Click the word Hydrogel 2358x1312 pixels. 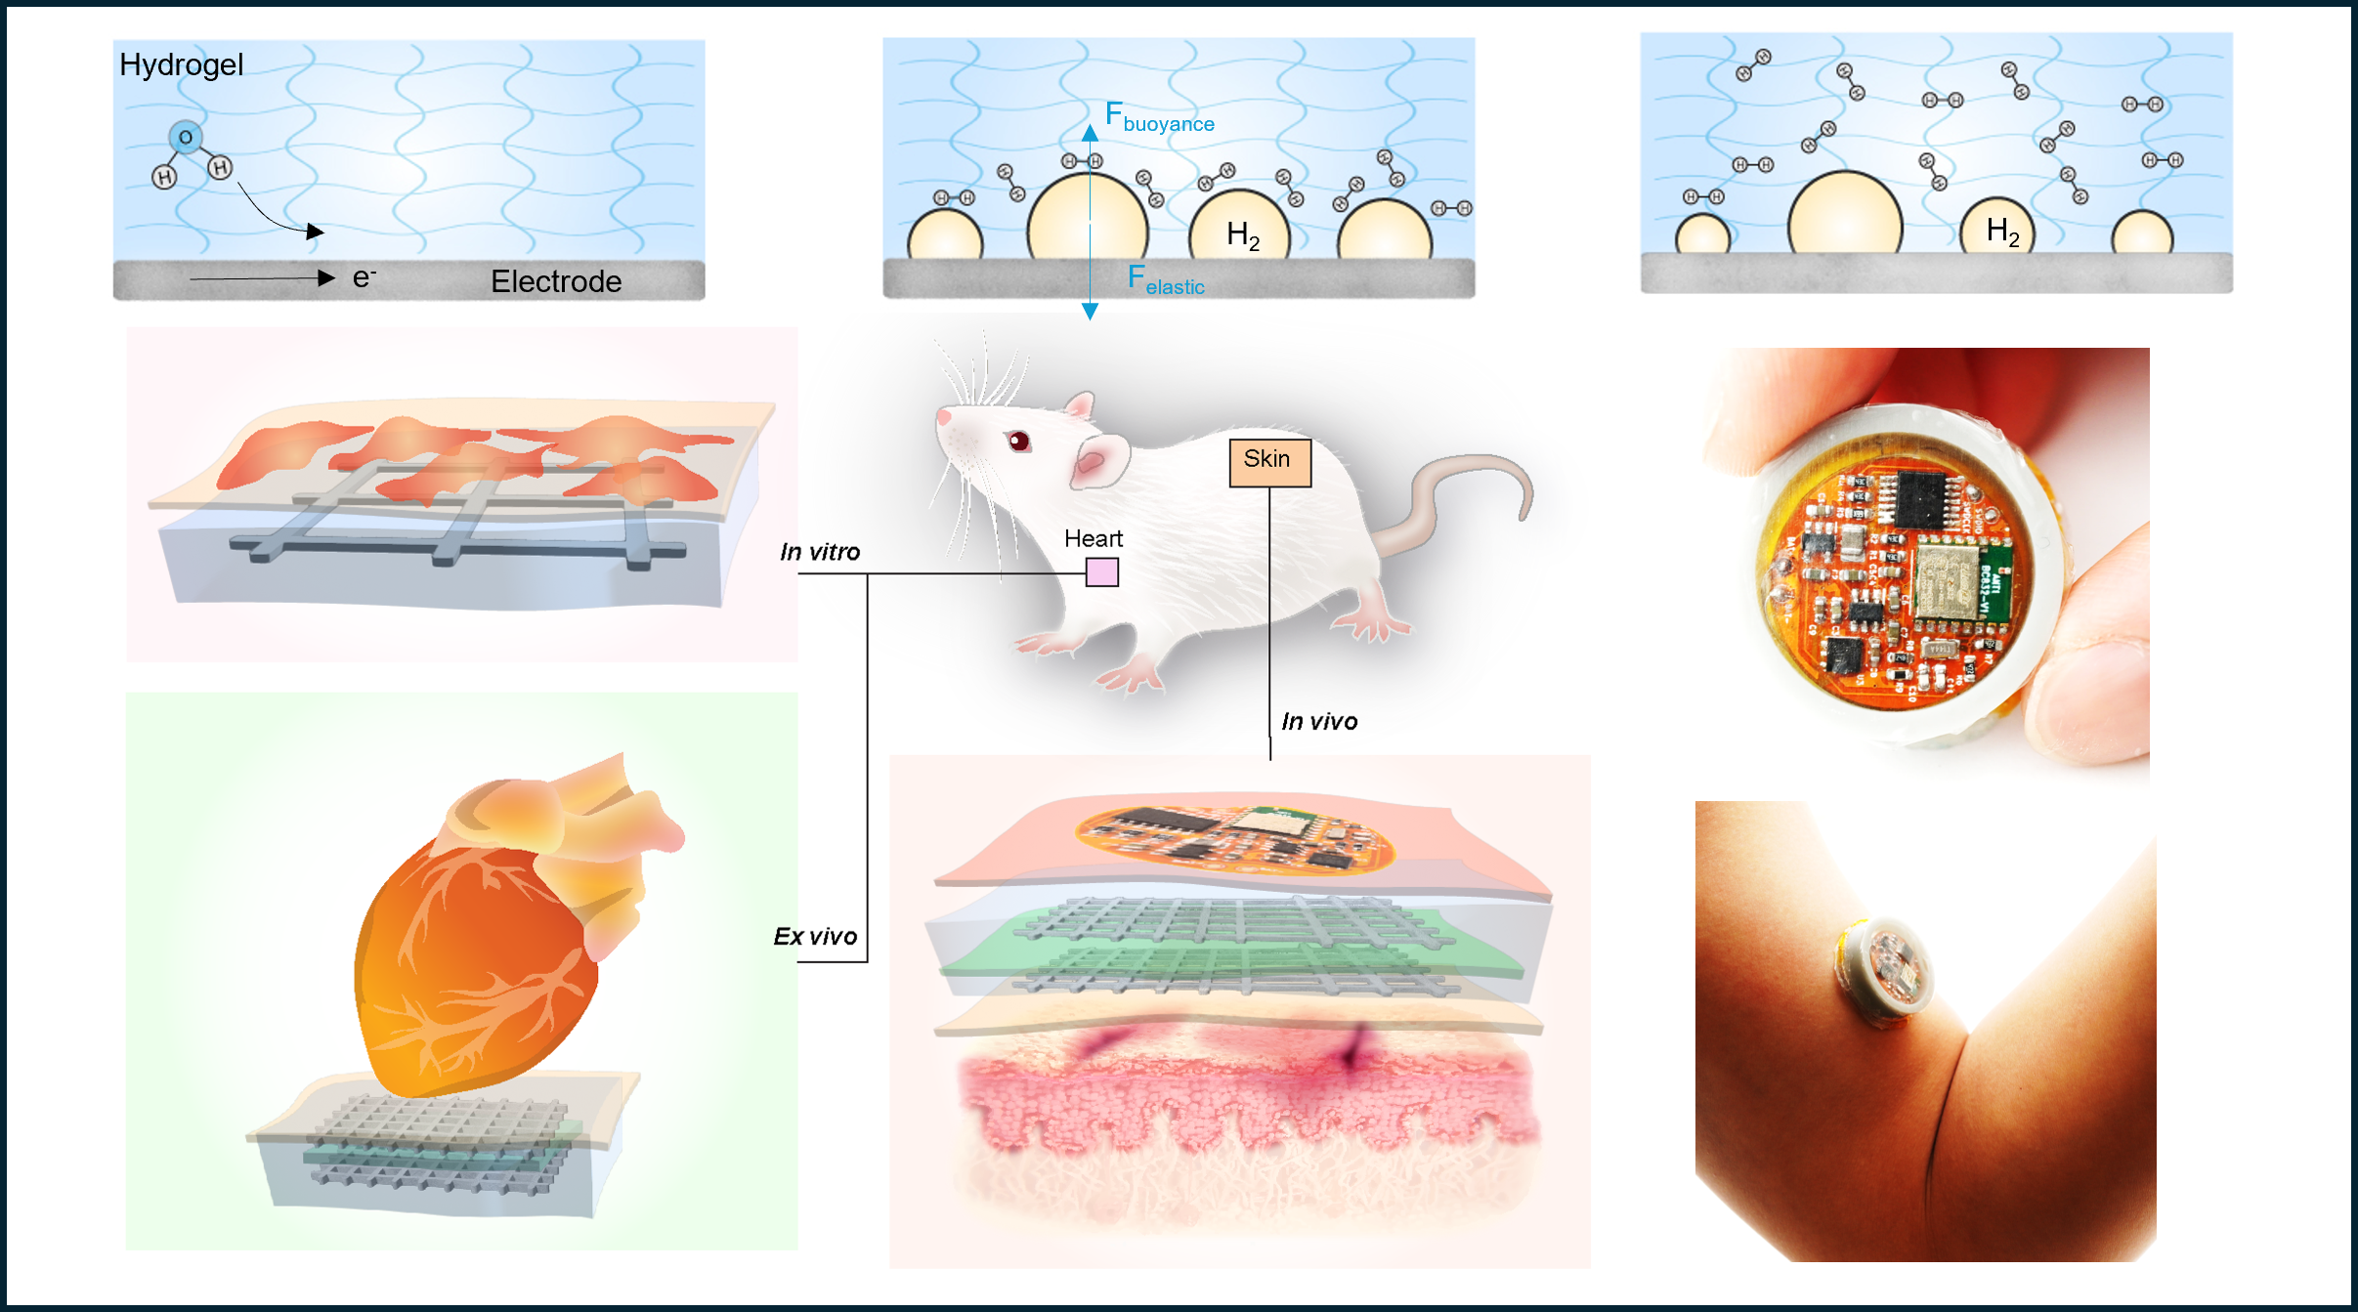tap(181, 64)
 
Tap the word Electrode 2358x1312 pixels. tap(556, 281)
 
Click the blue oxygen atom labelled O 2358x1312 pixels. tap(185, 138)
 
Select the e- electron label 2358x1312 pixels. tap(364, 278)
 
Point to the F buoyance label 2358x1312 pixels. tap(1159, 117)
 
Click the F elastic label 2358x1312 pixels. tap(1166, 280)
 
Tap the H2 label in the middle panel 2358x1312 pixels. tap(1243, 235)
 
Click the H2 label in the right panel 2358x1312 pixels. tap(2002, 232)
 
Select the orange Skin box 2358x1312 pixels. tap(1269, 462)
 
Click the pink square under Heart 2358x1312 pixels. tap(1101, 571)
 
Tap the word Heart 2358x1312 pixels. tap(1093, 538)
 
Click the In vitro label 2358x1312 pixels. tap(820, 552)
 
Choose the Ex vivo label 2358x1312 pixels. tap(815, 937)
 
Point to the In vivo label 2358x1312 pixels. tap(1319, 722)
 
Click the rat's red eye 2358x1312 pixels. tap(1018, 442)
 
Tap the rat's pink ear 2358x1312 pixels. tap(1098, 459)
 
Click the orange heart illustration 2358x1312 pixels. tap(479, 957)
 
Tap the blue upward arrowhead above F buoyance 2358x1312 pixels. tap(1090, 133)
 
